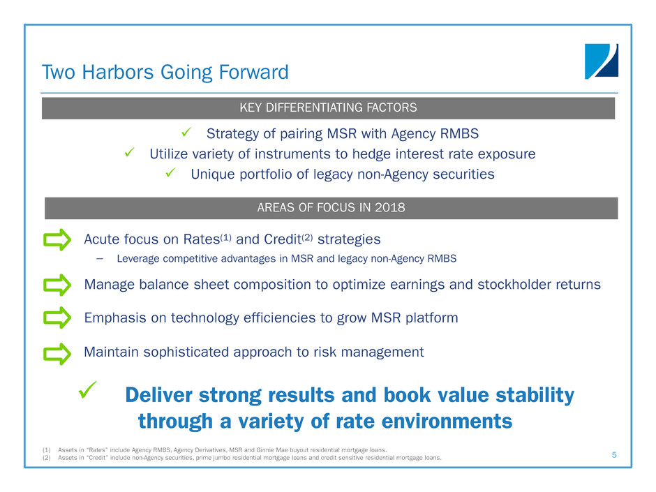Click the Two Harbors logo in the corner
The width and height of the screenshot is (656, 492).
[x=601, y=61]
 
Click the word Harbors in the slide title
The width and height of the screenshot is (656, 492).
[x=118, y=72]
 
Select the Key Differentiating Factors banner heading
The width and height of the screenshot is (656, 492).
[x=329, y=107]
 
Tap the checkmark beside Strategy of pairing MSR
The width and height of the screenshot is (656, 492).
[x=186, y=132]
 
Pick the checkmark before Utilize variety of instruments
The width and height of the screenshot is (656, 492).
[x=130, y=152]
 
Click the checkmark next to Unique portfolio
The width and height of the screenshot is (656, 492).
[x=171, y=172]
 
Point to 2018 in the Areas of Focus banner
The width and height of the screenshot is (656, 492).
[x=390, y=207]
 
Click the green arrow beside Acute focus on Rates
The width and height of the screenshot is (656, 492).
[x=57, y=240]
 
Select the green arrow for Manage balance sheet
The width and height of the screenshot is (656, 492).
[x=57, y=285]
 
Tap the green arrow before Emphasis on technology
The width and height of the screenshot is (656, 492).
[x=57, y=318]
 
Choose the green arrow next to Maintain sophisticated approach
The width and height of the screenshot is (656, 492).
[x=57, y=354]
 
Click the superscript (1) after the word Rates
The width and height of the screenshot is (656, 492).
[x=225, y=237]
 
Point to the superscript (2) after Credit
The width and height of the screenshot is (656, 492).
[x=307, y=237]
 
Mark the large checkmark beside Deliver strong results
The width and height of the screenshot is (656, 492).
[x=87, y=390]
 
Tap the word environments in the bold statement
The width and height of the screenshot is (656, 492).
[x=447, y=422]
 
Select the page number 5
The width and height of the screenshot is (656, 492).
[x=614, y=455]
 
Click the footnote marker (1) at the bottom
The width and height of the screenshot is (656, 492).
[x=47, y=450]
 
